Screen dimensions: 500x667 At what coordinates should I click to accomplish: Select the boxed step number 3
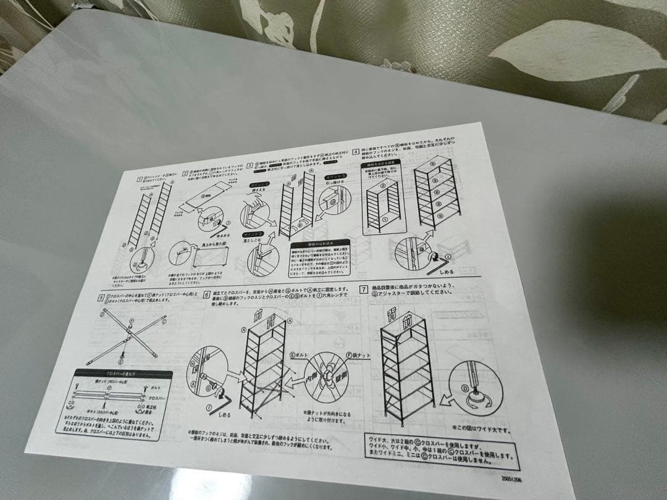click(x=250, y=165)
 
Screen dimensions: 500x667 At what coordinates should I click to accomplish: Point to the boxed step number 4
click(x=356, y=151)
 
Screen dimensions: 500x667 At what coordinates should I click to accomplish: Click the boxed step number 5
click(x=100, y=299)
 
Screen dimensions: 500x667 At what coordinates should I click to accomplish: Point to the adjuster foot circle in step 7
click(x=473, y=388)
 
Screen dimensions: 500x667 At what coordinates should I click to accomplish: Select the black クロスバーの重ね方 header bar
click(x=123, y=373)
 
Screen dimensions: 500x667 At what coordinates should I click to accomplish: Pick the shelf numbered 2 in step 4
click(x=383, y=186)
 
